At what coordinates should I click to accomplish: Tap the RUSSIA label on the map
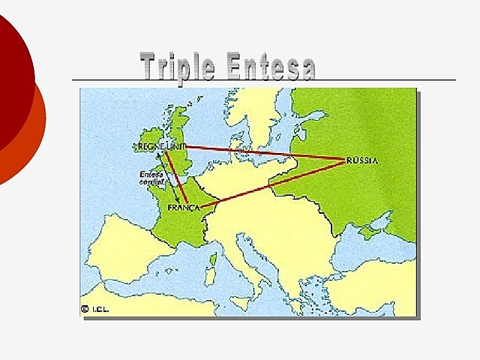[362, 160]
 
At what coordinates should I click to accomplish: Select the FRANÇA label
[184, 207]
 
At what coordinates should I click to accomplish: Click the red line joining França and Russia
[277, 183]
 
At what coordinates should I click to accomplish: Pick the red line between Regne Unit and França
[175, 177]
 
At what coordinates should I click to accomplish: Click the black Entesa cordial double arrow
[166, 180]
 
